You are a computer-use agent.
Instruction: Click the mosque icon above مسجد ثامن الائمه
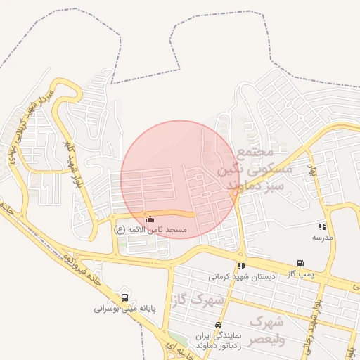point(149,219)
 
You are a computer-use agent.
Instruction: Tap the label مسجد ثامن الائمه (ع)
point(150,230)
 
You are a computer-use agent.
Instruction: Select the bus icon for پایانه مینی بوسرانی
point(125,297)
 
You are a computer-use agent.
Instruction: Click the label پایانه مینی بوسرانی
point(124,308)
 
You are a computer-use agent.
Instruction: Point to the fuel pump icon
point(301,264)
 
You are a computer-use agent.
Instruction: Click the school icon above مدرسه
point(322,226)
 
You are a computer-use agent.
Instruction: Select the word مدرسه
point(322,238)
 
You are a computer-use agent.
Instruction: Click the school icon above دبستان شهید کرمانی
point(241,266)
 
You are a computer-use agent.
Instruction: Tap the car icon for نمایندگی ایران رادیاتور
point(219,326)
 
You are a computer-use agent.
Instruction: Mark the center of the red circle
point(179,179)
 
